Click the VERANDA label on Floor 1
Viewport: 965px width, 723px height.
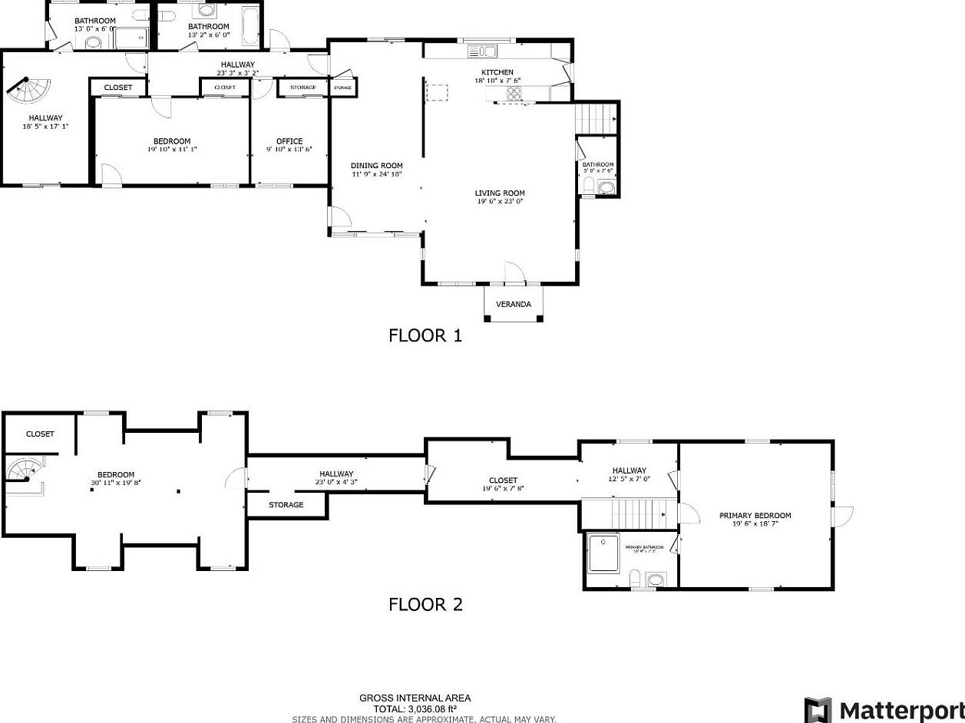(x=514, y=304)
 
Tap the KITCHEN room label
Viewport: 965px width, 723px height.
(x=497, y=72)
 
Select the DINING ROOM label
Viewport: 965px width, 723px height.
(x=376, y=166)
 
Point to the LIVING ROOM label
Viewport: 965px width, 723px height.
(x=499, y=193)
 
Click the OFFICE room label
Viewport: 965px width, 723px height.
(x=289, y=141)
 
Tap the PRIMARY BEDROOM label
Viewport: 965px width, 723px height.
(x=755, y=516)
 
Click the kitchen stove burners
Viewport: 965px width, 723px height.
(x=514, y=94)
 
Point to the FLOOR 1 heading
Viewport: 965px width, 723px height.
(x=425, y=335)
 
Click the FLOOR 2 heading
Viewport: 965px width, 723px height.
(x=425, y=605)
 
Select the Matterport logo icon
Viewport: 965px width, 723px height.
(x=818, y=709)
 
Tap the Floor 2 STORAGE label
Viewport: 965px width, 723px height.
(x=286, y=505)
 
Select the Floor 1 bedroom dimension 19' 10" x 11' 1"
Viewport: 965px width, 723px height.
(x=172, y=150)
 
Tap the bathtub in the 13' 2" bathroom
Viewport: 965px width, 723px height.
(x=251, y=26)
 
